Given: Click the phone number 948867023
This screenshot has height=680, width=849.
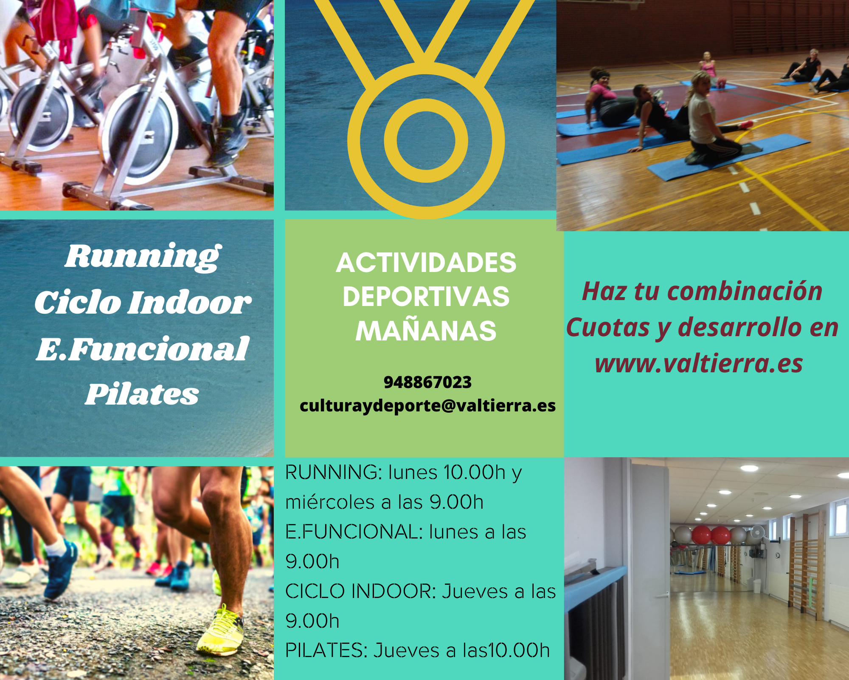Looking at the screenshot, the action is click(x=427, y=382).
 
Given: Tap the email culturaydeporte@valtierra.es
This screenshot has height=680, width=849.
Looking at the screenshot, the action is click(x=427, y=406).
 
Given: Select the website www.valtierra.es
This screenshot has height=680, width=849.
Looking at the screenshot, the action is click(x=699, y=364).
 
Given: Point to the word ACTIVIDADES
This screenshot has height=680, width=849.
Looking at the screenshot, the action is click(x=426, y=263).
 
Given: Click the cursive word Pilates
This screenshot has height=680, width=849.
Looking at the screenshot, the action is click(x=142, y=394).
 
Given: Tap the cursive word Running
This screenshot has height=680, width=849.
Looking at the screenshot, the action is click(x=143, y=257).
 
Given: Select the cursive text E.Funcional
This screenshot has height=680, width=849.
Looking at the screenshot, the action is click(x=143, y=348).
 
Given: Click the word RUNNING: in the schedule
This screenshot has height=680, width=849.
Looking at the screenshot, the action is click(x=334, y=472).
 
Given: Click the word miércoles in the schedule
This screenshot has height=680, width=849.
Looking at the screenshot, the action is click(x=330, y=502).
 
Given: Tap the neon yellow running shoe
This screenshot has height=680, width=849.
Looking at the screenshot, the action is click(x=220, y=629).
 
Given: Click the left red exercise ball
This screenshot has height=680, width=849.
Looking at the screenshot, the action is click(x=701, y=534).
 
